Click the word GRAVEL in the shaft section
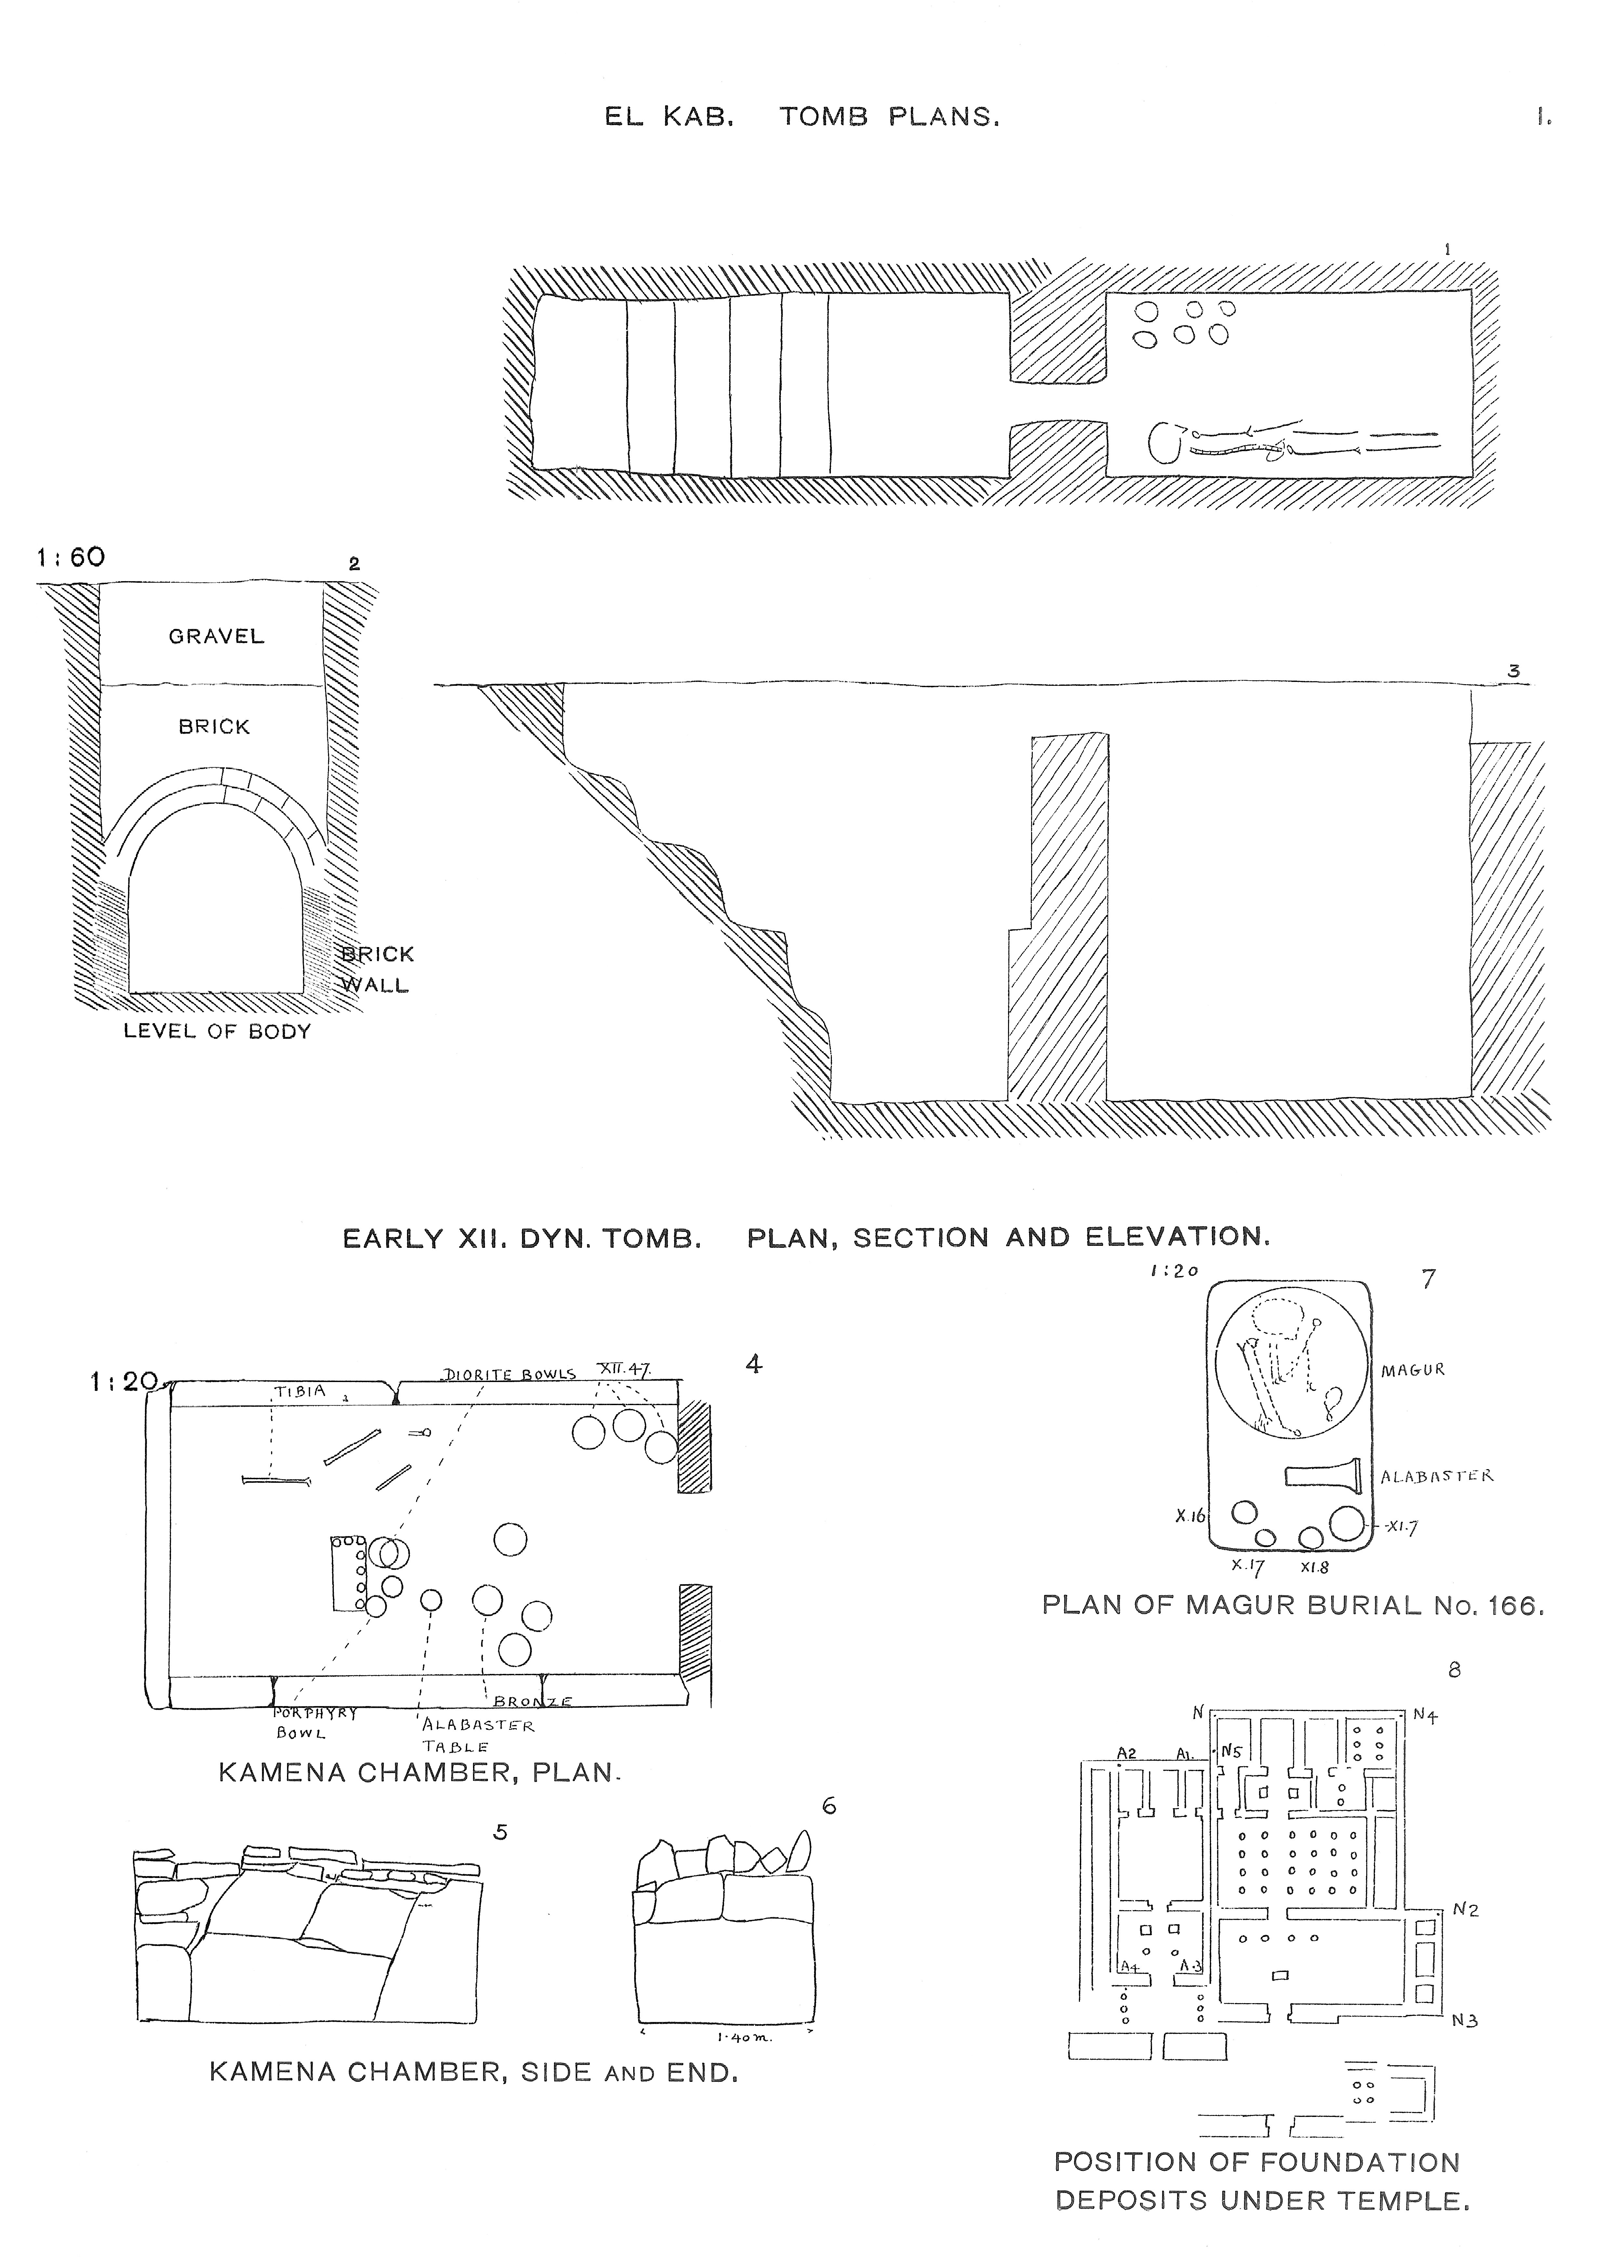216,636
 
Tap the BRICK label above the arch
214,727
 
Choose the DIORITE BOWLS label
509,1374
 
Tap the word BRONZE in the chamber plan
532,1702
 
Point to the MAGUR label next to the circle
1412,1370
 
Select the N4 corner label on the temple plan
1425,1715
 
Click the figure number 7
1429,1280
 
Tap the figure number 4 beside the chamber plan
754,1364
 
